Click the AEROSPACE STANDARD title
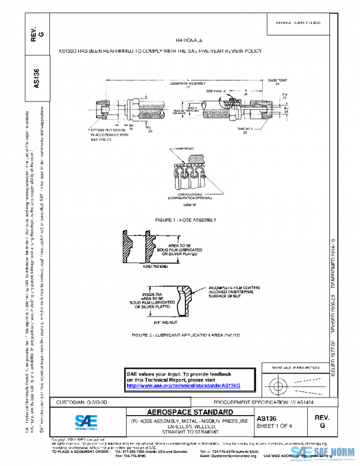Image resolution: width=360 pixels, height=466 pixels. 182,413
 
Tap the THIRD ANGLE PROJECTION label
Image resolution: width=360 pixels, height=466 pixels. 292,367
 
